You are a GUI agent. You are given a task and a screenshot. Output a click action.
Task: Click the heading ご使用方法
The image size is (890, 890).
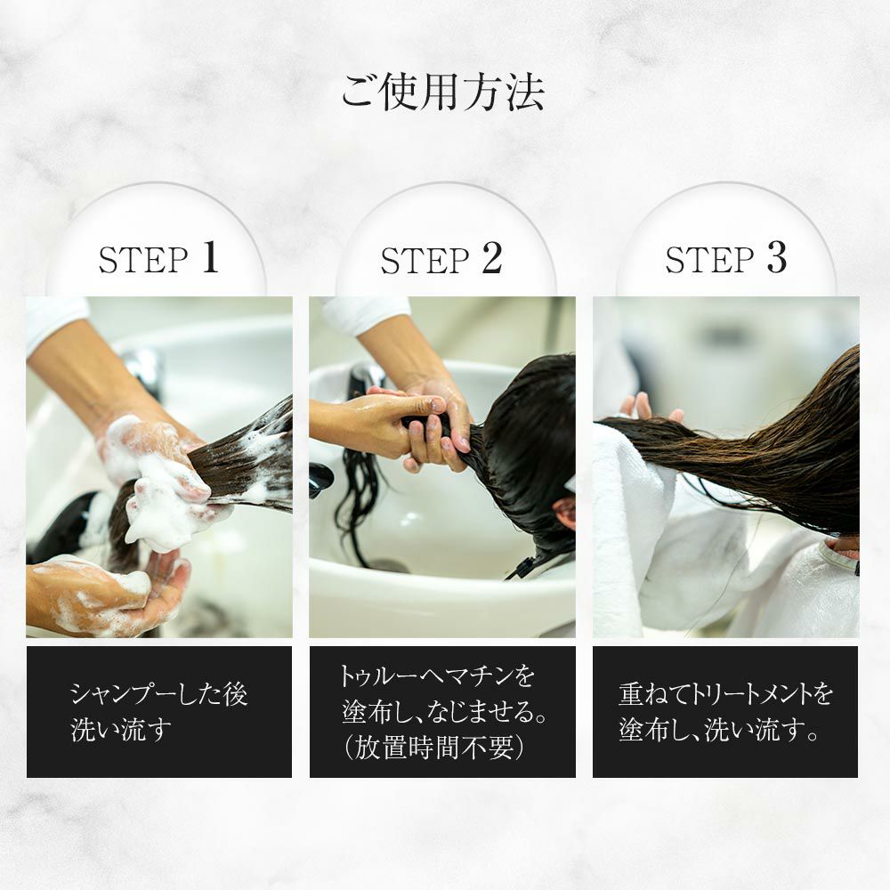pyautogui.click(x=442, y=93)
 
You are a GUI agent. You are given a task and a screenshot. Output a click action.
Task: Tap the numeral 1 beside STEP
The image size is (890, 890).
pyautogui.click(x=210, y=258)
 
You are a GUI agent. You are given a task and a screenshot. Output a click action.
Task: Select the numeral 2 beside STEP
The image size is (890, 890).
pyautogui.click(x=493, y=258)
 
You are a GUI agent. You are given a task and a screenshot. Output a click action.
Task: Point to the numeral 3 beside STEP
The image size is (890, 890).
pyautogui.click(x=777, y=258)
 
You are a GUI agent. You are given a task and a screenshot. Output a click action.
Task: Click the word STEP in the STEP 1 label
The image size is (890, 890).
pyautogui.click(x=143, y=261)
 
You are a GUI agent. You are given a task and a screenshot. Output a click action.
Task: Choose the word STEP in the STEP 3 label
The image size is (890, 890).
pyautogui.click(x=709, y=261)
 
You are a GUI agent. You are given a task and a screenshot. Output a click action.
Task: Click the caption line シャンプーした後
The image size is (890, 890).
pyautogui.click(x=159, y=694)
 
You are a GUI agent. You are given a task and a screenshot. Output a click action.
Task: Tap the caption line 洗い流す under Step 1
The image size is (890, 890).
pyautogui.click(x=121, y=730)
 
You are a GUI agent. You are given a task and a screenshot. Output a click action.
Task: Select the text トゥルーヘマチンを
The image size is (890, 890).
pyautogui.click(x=437, y=676)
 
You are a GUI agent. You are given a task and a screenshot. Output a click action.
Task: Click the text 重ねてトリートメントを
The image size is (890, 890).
pyautogui.click(x=726, y=694)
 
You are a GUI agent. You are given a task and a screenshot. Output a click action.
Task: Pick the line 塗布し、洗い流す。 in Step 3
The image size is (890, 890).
pyautogui.click(x=719, y=730)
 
